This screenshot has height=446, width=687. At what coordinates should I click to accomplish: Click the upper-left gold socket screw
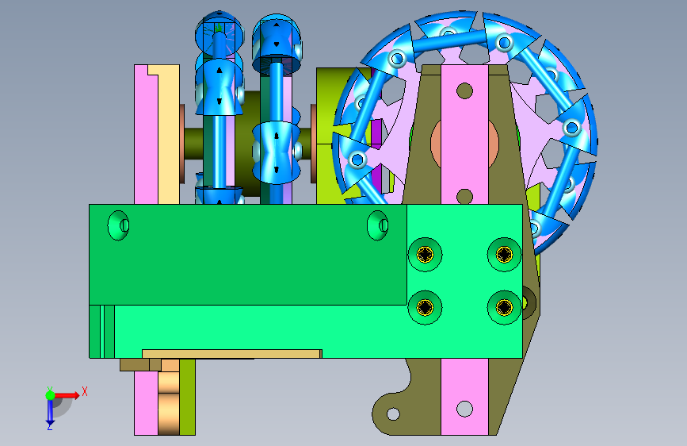tap(425, 255)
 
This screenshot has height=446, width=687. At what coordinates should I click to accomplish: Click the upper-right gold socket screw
tap(504, 255)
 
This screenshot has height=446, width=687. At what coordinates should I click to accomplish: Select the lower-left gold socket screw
tap(425, 307)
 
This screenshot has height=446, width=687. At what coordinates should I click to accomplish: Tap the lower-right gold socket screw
tap(504, 307)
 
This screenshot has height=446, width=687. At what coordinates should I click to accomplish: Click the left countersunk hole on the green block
tap(118, 225)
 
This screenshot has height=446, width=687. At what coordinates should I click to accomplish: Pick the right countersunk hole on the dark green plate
tap(378, 225)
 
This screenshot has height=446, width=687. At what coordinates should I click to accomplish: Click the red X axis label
tap(85, 391)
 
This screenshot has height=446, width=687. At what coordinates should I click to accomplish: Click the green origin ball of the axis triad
tap(51, 395)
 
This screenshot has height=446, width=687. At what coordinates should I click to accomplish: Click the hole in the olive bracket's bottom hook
tap(393, 414)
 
